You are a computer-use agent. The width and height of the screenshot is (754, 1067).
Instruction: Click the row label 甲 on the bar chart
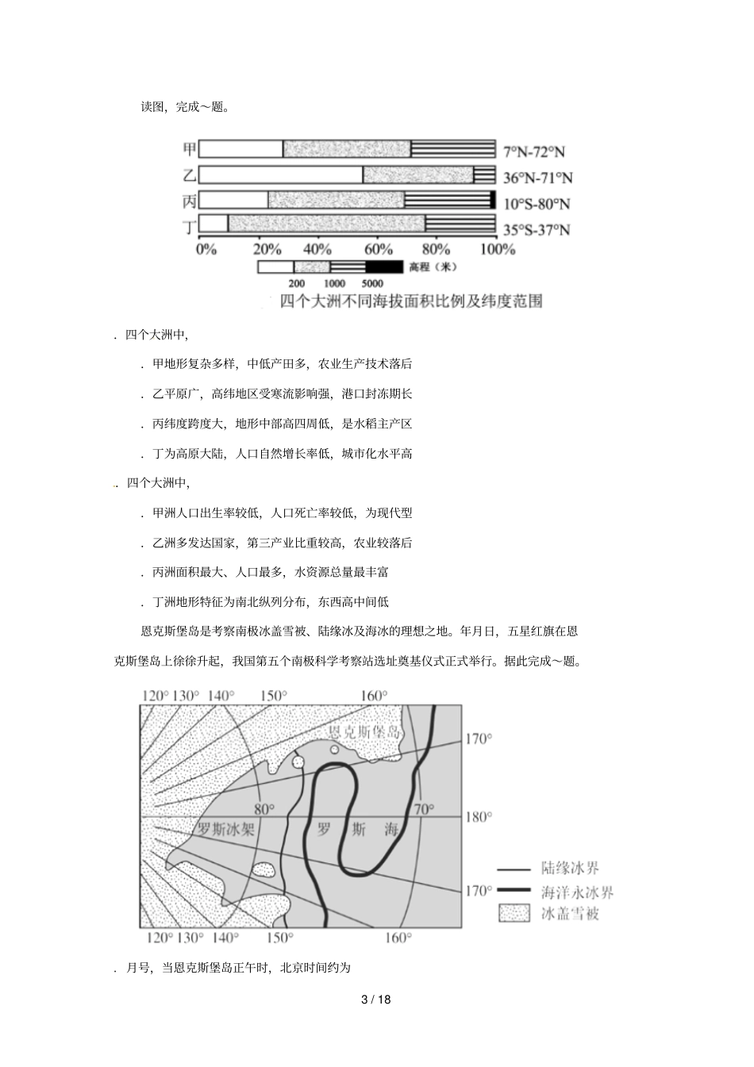tap(189, 149)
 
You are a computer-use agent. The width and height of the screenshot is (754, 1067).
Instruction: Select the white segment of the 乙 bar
tap(280, 175)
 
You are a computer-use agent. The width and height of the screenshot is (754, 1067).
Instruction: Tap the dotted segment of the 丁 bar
tap(326, 225)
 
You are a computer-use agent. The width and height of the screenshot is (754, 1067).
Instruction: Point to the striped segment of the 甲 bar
tap(453, 149)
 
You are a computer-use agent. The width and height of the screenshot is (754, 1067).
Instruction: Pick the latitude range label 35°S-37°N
tap(537, 230)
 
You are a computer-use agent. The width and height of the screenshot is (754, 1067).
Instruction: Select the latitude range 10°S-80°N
tap(537, 204)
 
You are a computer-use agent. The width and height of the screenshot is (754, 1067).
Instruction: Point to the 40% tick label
tap(317, 249)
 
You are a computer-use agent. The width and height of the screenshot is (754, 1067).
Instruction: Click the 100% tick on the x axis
tap(498, 249)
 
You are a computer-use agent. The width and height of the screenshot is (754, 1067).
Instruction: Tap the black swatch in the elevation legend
tap(384, 267)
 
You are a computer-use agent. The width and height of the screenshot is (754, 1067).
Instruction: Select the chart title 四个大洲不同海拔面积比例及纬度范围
tap(412, 301)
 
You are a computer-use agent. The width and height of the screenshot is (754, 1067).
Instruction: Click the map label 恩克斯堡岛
tap(364, 732)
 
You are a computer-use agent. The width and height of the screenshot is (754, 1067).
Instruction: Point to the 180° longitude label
tap(478, 817)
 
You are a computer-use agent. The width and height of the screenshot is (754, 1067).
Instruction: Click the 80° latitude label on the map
tap(264, 809)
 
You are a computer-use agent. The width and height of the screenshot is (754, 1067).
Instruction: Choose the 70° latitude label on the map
tap(424, 809)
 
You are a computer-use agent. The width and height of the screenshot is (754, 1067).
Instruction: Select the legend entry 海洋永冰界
tap(577, 892)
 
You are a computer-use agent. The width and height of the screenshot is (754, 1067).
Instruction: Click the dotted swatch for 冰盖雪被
tap(514, 914)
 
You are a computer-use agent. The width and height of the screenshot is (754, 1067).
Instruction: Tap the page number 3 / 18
tap(376, 1000)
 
